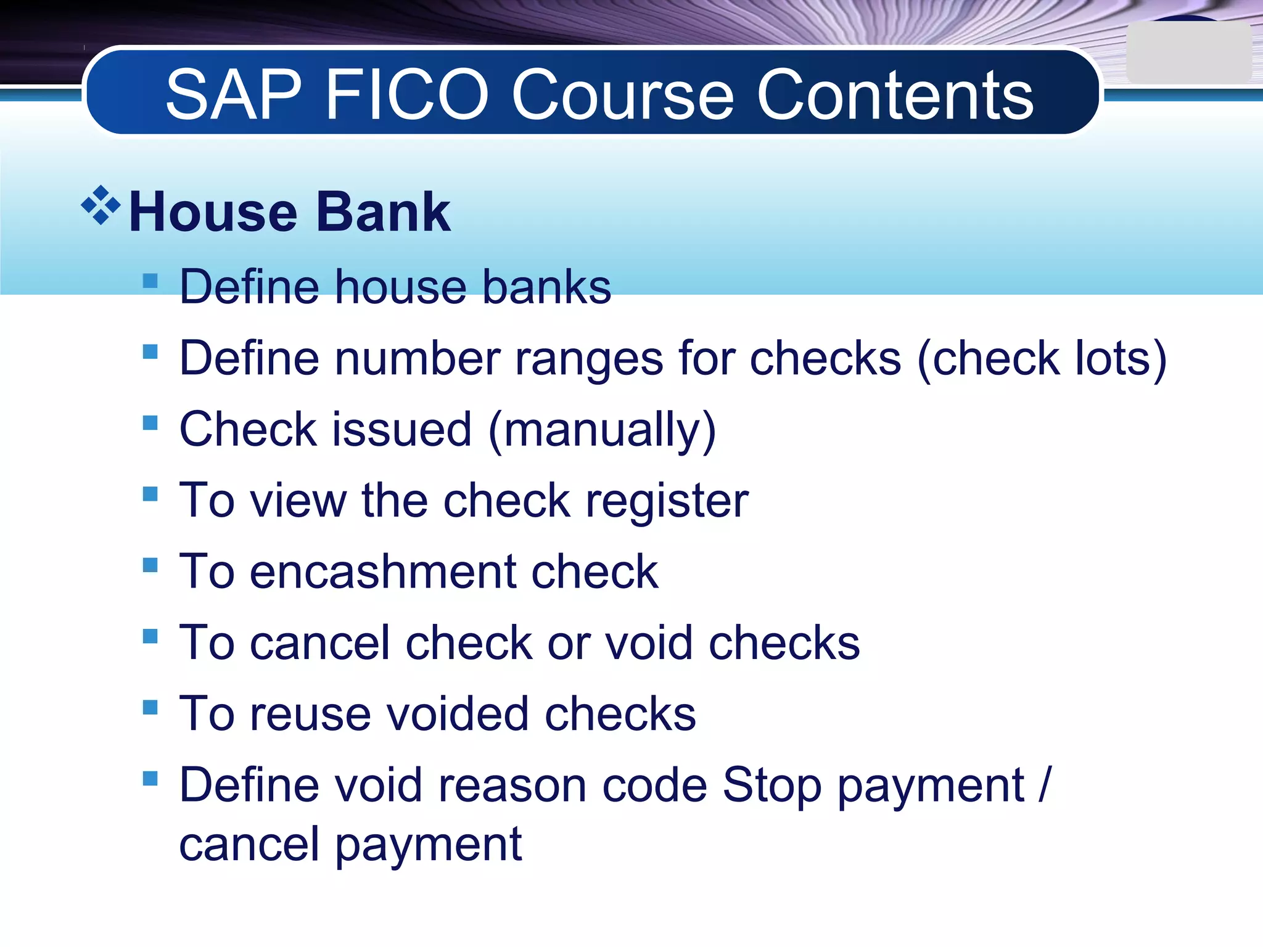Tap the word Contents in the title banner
(x=895, y=95)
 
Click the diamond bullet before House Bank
(x=101, y=205)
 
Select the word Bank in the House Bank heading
(x=383, y=212)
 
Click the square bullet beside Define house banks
(x=150, y=281)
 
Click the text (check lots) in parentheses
(x=1042, y=359)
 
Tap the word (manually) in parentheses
(x=602, y=430)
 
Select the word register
(x=667, y=501)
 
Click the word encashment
(x=382, y=572)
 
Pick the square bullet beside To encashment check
(x=150, y=565)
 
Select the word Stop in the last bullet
(x=771, y=785)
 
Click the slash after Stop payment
(x=1043, y=784)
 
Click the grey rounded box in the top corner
(x=1188, y=53)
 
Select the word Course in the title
(x=623, y=95)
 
